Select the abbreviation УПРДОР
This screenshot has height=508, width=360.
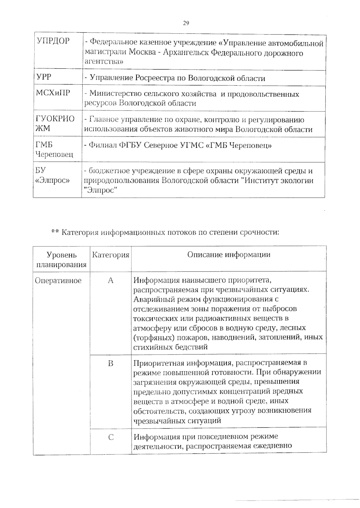[53, 41]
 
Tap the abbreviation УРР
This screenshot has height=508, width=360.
[44, 77]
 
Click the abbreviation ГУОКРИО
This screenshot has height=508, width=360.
[55, 119]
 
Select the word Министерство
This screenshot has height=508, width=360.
[115, 94]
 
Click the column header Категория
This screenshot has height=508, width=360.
[110, 255]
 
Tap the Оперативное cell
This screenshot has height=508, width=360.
[58, 281]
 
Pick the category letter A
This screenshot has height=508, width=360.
[111, 281]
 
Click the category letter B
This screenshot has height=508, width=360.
[111, 364]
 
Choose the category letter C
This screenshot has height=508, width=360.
[111, 437]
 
